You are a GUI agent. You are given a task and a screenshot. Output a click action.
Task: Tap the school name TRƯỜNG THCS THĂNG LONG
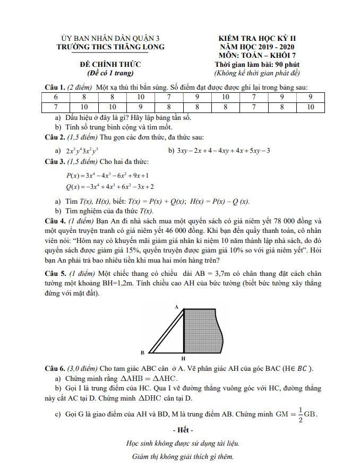110,47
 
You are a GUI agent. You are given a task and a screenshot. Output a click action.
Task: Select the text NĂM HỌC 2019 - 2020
258,47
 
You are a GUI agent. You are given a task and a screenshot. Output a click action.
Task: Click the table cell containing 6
55,98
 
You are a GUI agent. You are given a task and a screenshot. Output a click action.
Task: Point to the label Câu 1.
55,88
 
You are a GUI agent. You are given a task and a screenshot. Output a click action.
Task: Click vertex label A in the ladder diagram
176,307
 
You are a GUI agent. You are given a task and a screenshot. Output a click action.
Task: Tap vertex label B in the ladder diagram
142,352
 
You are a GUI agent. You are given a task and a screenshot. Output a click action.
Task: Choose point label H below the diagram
183,359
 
